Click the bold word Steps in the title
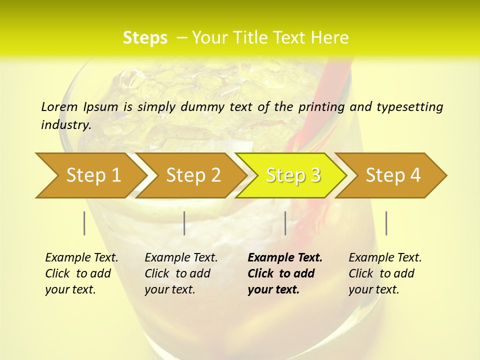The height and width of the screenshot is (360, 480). [145, 38]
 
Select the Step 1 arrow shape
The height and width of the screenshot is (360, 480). [90, 175]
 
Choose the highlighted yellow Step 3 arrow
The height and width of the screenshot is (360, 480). [293, 175]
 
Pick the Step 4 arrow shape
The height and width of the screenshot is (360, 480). [393, 175]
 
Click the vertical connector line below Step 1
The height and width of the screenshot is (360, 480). [84, 223]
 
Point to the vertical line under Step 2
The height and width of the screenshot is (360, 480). [184, 223]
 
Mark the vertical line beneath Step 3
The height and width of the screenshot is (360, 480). [285, 223]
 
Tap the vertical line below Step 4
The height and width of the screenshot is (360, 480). [386, 223]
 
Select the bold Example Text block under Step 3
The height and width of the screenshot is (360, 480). [285, 273]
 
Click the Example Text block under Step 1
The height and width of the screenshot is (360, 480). [81, 273]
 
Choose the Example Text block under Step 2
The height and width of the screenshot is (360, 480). [181, 273]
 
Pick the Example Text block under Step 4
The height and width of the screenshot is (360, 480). [385, 273]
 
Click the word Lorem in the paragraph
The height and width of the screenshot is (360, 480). [59, 106]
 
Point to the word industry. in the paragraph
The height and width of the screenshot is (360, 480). [66, 124]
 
